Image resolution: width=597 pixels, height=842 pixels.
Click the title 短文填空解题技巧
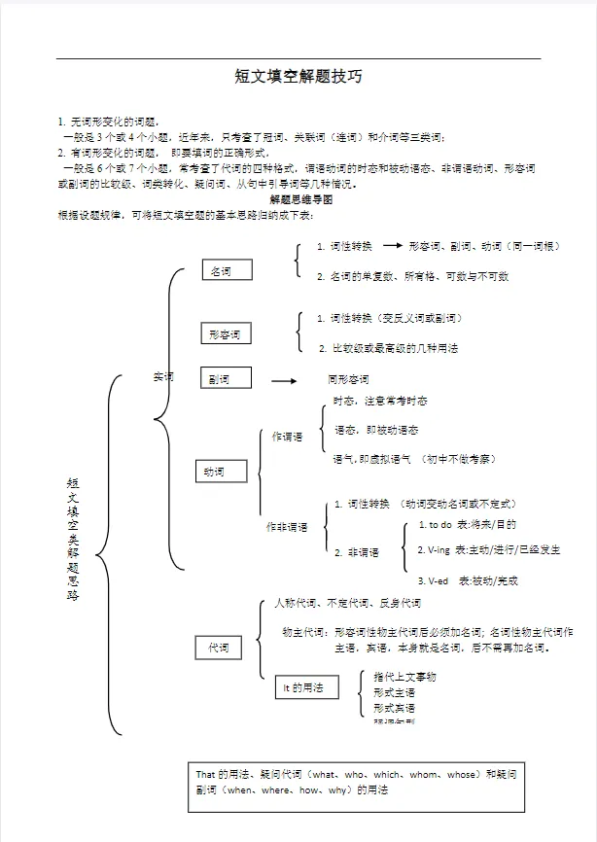point(298,76)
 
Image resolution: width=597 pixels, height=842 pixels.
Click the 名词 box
point(227,271)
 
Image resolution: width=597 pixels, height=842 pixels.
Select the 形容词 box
point(225,334)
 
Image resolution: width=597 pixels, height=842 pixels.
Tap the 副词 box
point(225,378)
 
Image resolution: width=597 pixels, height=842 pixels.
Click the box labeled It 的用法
point(305,687)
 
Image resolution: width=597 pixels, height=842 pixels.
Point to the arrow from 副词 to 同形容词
point(282,379)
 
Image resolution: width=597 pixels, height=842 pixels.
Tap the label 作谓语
point(288,438)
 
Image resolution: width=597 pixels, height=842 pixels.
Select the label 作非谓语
point(287,527)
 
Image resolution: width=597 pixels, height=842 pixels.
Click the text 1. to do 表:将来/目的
point(467,525)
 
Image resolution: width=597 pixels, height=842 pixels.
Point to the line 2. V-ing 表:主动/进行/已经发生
point(488,550)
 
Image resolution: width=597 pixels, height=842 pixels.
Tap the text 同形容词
point(348,379)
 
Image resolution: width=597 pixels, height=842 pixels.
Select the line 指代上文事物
point(404,677)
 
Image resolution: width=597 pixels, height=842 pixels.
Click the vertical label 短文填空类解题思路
point(73,539)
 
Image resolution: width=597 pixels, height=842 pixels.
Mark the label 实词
point(162,376)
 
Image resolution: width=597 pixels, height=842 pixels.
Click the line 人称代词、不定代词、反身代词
point(347,604)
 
